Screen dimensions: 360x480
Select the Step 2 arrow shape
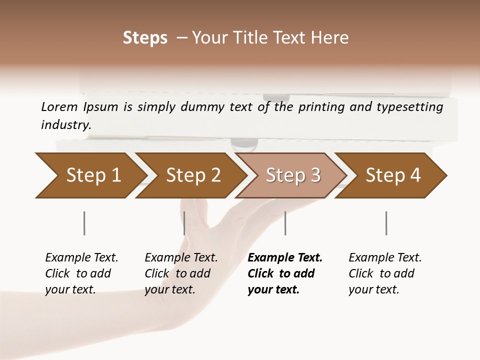tap(193, 175)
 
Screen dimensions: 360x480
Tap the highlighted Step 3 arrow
tap(293, 175)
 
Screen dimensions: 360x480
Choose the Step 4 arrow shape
tap(393, 175)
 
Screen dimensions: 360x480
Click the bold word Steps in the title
tap(145, 38)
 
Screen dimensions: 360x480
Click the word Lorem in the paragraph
tap(59, 106)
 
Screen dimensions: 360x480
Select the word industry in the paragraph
tap(65, 124)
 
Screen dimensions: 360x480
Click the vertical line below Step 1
tap(84, 223)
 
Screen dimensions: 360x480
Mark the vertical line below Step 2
tap(184, 223)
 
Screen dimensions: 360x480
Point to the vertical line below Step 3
tap(285, 223)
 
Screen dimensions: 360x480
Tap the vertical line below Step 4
tap(386, 223)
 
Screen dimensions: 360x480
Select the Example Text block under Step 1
tap(81, 273)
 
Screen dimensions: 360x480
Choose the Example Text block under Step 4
tap(385, 273)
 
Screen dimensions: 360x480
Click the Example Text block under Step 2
tap(181, 273)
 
